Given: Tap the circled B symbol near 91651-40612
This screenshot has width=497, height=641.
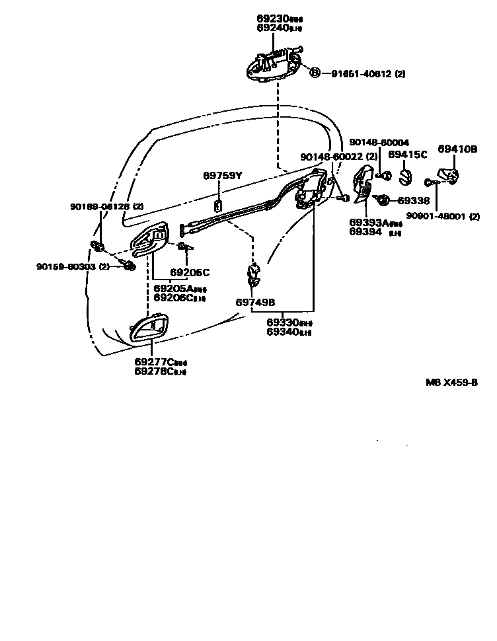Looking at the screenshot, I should (x=315, y=73).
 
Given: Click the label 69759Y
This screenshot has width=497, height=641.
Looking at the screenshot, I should (x=222, y=175).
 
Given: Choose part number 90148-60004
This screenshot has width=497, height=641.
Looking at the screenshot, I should (x=379, y=142).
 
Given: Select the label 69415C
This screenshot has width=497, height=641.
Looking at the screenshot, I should (x=408, y=155).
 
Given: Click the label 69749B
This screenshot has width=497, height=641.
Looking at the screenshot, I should (x=255, y=302).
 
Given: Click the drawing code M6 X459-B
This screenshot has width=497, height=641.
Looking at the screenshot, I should (x=451, y=383).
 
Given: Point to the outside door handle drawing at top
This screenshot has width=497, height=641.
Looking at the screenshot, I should (x=273, y=66).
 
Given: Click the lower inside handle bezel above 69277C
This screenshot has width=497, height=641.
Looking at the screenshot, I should (x=149, y=328).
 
